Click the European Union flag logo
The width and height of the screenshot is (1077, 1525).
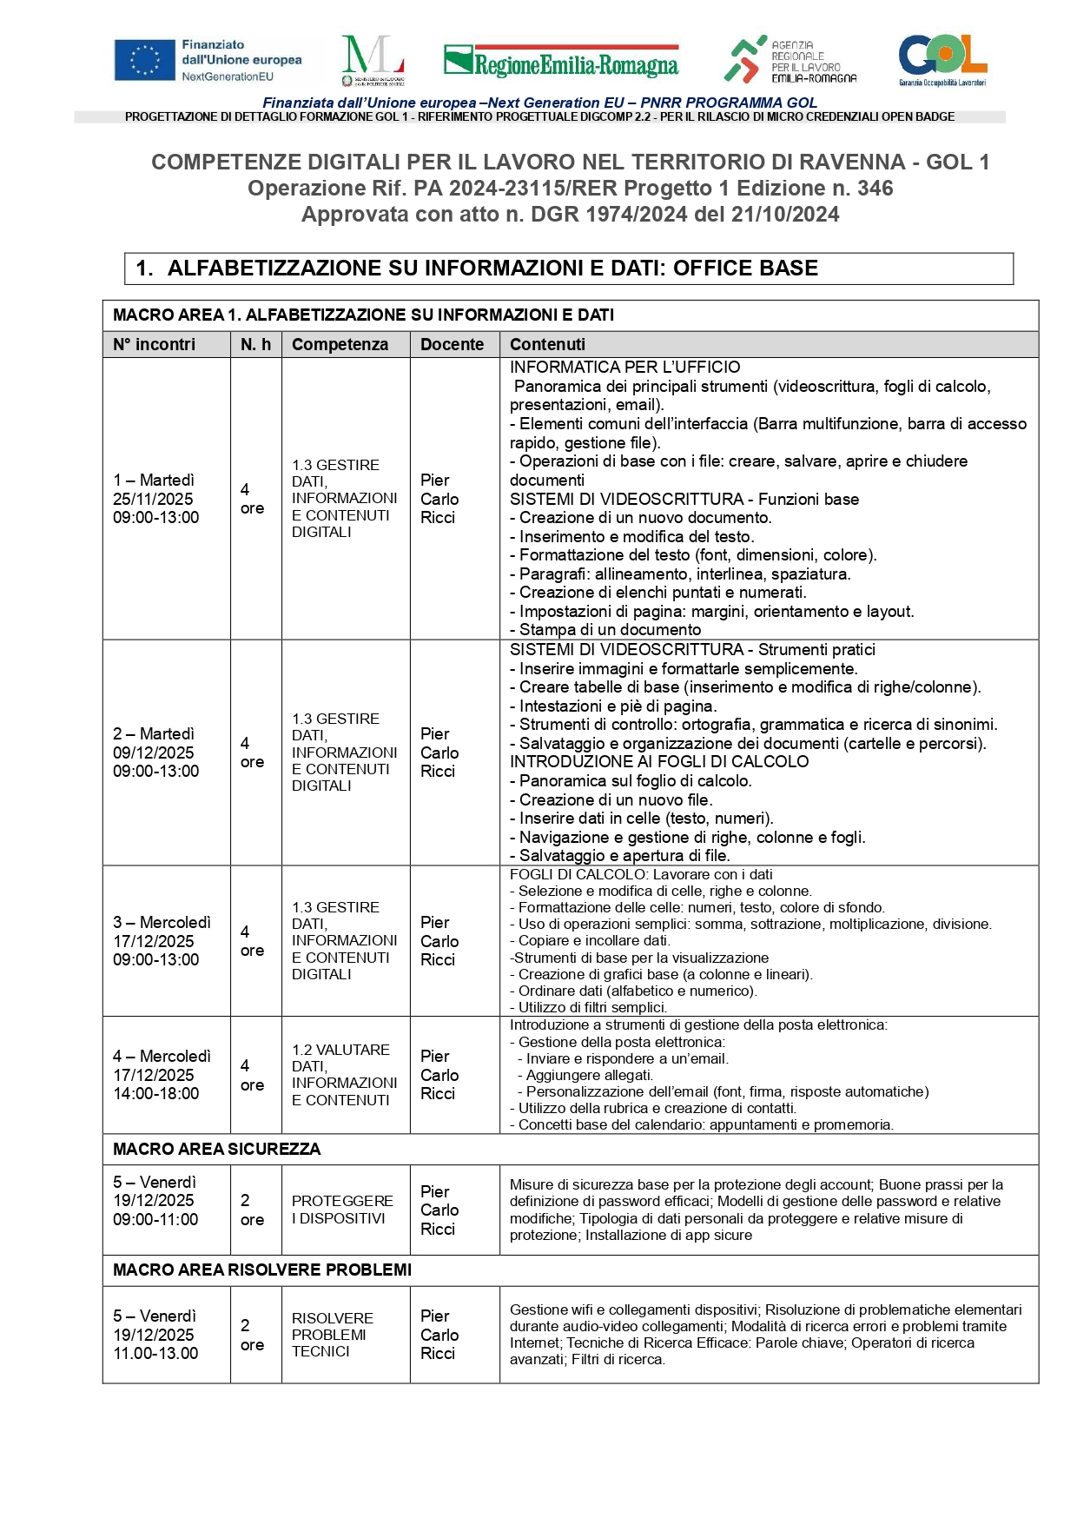click(144, 61)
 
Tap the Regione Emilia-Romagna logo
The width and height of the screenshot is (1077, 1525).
click(561, 62)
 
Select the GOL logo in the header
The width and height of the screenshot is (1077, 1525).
click(942, 59)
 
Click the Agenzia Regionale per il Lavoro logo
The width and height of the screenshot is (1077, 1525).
click(790, 60)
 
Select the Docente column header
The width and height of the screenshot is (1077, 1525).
click(452, 345)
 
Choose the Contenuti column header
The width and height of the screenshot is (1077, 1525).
click(547, 345)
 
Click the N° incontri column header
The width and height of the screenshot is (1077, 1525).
click(154, 345)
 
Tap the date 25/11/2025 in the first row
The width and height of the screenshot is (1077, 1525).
click(153, 499)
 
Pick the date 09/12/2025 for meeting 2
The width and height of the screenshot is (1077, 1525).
click(153, 753)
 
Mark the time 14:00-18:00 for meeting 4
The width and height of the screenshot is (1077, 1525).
click(155, 1093)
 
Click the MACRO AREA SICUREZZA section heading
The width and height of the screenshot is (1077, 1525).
click(216, 1149)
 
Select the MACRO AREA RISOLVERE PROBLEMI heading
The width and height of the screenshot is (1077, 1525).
click(261, 1270)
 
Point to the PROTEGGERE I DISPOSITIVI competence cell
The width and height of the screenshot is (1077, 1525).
click(342, 1210)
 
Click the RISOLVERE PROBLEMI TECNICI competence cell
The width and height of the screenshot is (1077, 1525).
click(332, 1335)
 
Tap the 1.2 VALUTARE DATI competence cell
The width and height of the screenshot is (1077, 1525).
click(344, 1075)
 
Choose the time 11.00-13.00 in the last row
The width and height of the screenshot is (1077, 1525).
click(155, 1353)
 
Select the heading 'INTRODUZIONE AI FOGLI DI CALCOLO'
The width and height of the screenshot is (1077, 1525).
click(658, 762)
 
